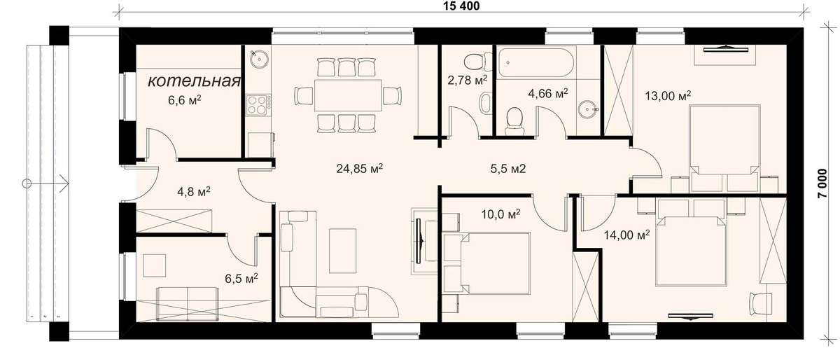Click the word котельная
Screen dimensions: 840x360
tap(194, 81)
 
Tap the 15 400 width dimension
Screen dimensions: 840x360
tap(461, 6)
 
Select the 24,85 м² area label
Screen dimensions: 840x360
tap(359, 169)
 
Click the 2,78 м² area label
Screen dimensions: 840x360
tap(468, 80)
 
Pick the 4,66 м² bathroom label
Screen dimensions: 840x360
tap(548, 93)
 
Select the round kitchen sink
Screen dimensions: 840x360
tap(259, 59)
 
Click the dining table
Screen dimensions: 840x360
tap(348, 95)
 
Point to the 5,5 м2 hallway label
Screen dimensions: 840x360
tap(508, 169)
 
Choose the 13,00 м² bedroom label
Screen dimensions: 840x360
tap(668, 96)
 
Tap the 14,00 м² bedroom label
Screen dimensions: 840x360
tap(626, 235)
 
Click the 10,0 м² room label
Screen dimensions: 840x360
tap(500, 214)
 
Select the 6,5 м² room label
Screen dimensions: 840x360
tap(241, 278)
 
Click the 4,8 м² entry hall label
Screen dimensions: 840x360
tap(193, 191)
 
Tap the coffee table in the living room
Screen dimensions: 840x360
tap(342, 251)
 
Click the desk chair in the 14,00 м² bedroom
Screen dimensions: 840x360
tap(760, 303)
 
